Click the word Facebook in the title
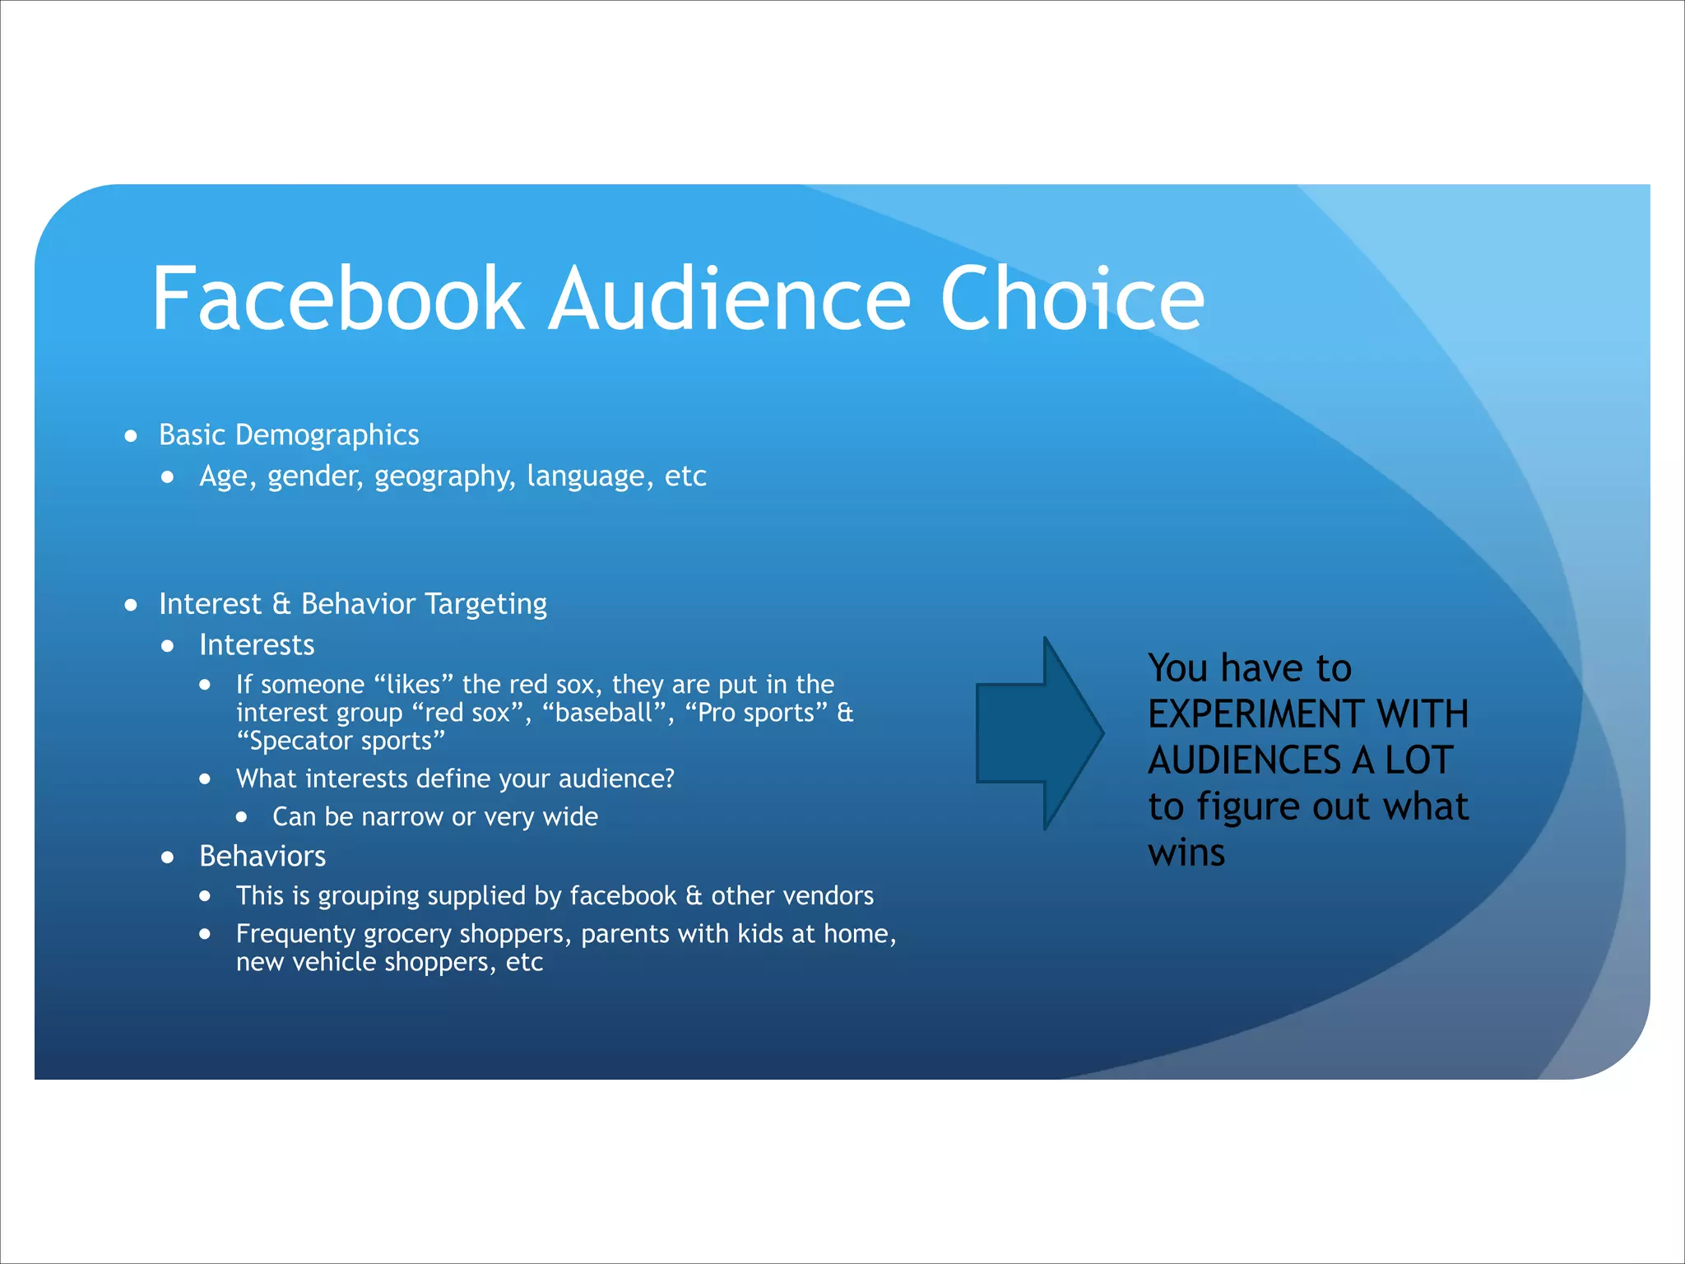(337, 298)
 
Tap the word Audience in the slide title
(731, 298)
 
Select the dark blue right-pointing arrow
(1039, 733)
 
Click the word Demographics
(327, 435)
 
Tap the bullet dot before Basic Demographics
(131, 436)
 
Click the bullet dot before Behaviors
(168, 857)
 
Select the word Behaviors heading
(262, 857)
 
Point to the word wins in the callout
(1186, 853)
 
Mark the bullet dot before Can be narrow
(241, 817)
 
